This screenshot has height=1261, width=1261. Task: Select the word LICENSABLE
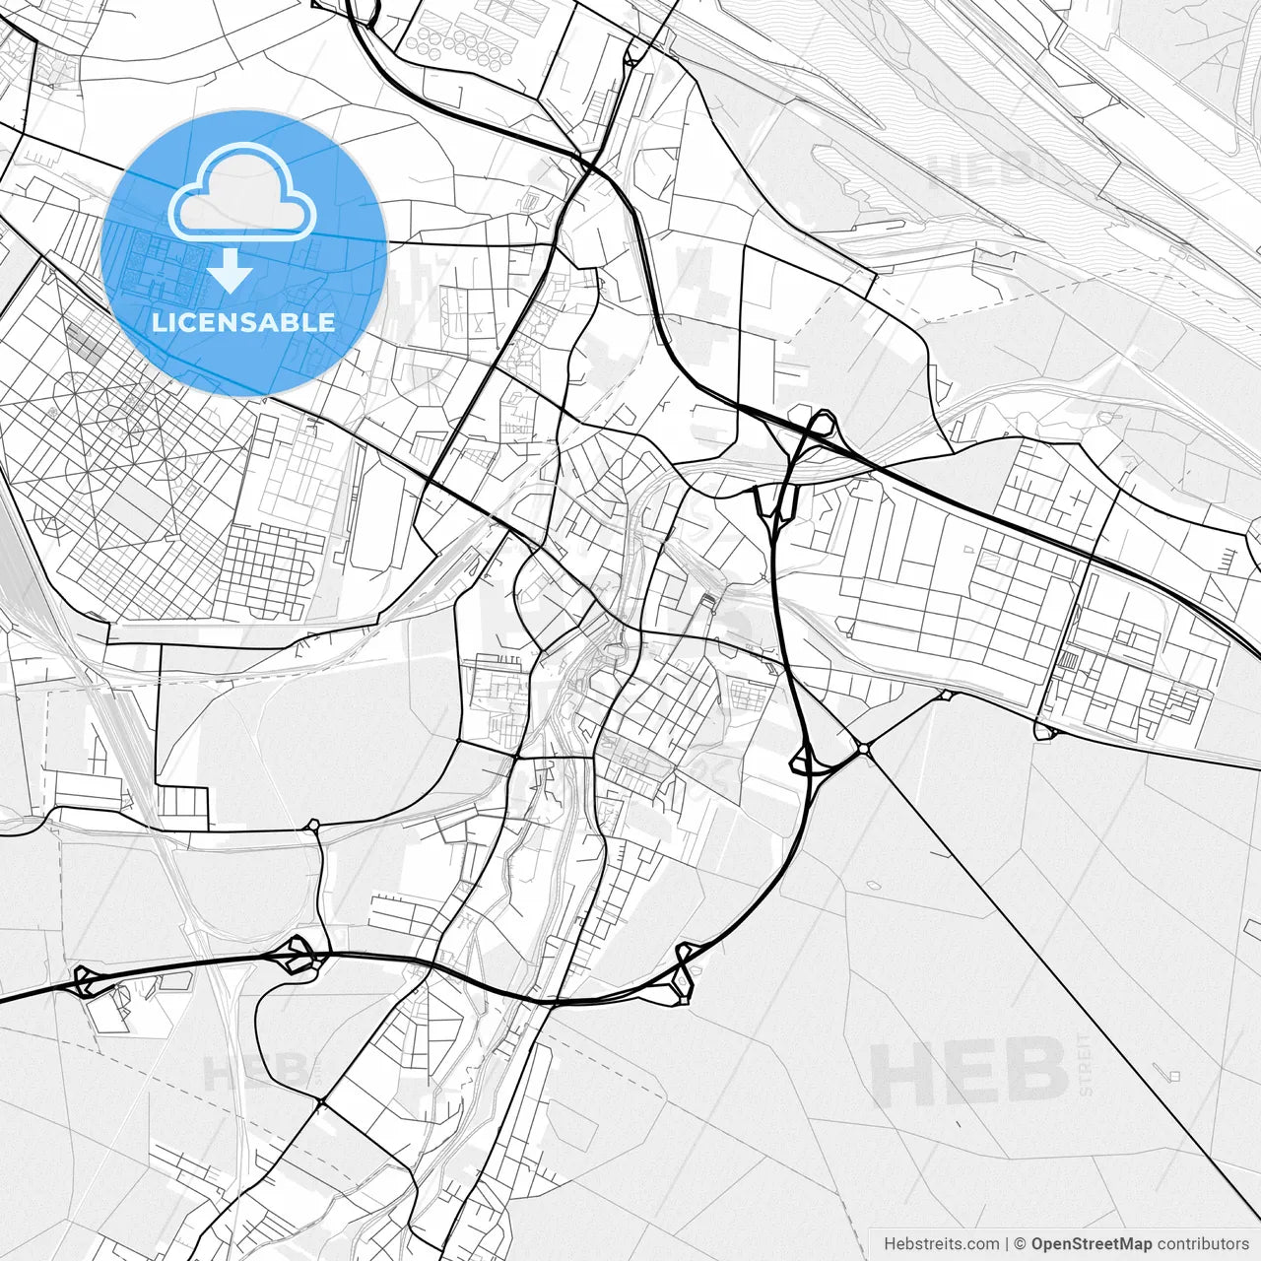tap(243, 322)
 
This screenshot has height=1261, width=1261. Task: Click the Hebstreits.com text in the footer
tap(941, 1244)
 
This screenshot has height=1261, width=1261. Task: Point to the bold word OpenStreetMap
tap(1092, 1244)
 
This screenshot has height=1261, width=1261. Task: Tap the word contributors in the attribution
tap(1203, 1244)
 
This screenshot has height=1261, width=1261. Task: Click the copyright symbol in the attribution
tap(1021, 1244)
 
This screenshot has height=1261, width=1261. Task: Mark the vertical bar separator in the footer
tap(1007, 1244)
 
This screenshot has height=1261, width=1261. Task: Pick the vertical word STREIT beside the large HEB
tap(1086, 1065)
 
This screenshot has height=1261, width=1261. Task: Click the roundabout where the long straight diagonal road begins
tap(864, 751)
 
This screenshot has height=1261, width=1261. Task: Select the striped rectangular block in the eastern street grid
tap(1068, 660)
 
